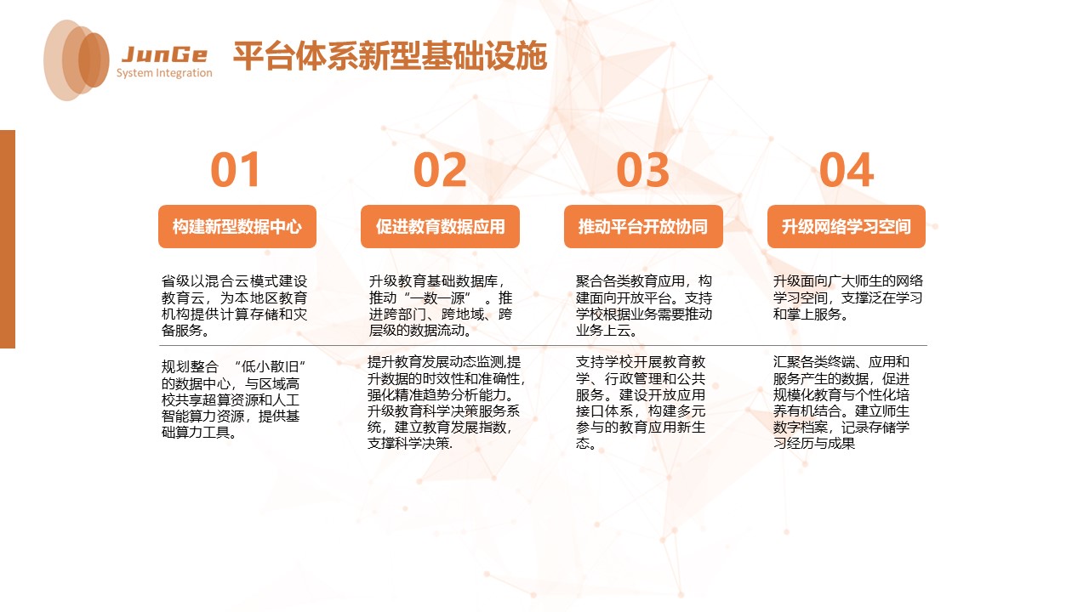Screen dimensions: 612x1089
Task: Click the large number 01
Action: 236,170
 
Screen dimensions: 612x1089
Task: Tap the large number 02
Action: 440,170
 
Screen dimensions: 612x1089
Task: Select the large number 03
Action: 643,170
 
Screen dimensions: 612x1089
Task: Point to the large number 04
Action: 847,170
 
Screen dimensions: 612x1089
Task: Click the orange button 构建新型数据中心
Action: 237,227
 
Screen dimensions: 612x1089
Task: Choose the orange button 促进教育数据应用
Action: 440,227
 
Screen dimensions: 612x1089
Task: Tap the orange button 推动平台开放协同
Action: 643,227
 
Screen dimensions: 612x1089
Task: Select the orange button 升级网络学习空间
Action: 847,227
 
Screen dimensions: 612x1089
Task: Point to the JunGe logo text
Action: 164,55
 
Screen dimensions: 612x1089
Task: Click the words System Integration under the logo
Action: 164,73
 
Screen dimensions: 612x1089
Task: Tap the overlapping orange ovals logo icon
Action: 77,59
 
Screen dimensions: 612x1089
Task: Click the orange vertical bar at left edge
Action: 8,239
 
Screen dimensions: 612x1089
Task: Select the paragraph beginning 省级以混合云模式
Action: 235,306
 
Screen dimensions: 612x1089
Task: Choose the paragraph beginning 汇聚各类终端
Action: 841,402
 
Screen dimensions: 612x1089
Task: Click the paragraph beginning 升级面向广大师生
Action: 847,297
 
